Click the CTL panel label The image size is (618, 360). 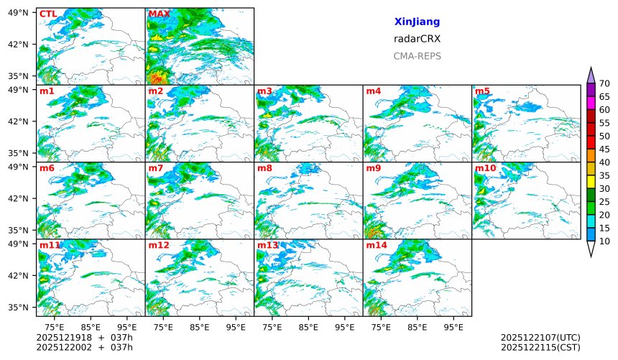(x=48, y=14)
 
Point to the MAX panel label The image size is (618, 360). (x=159, y=14)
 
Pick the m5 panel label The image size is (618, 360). (x=482, y=91)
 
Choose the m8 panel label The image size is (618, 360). (x=264, y=168)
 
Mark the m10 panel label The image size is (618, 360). (x=485, y=168)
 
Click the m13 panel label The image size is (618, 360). (x=267, y=245)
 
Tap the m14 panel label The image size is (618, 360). (x=377, y=245)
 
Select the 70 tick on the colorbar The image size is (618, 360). (x=604, y=84)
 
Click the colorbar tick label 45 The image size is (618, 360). (x=604, y=149)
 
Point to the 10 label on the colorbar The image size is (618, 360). (x=604, y=241)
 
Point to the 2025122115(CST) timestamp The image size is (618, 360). (x=540, y=348)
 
